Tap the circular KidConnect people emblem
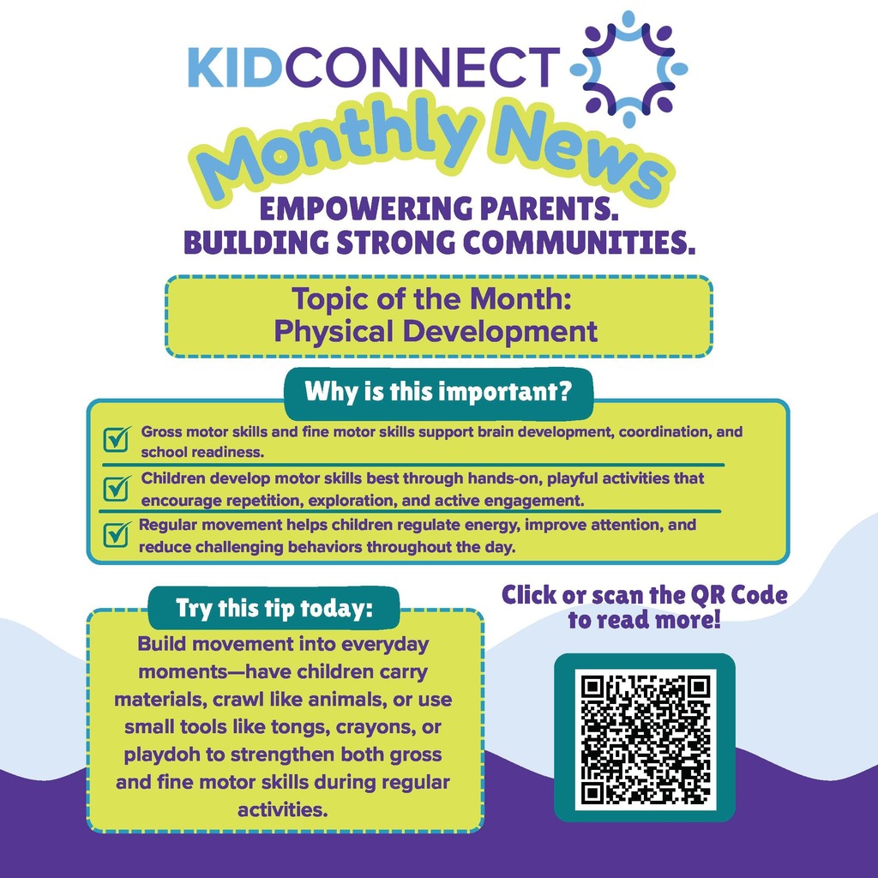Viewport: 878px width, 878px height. click(x=629, y=65)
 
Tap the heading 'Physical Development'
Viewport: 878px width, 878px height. click(x=436, y=331)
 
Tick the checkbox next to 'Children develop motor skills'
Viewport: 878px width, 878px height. click(x=115, y=488)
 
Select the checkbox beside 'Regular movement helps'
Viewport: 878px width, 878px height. click(x=115, y=535)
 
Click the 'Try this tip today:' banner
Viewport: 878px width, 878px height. click(x=274, y=609)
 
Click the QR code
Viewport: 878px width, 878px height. click(x=645, y=738)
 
